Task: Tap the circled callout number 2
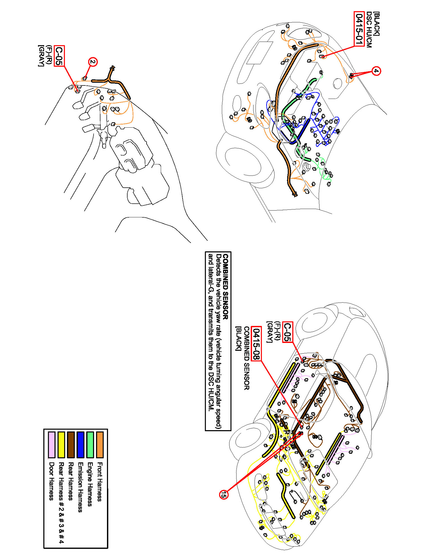click(x=93, y=62)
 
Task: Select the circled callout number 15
click(x=224, y=495)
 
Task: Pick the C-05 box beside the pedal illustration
click(x=59, y=56)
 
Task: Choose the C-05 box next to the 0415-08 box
click(x=287, y=332)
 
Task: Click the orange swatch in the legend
click(x=100, y=445)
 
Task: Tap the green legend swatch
click(x=90, y=445)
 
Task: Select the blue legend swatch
click(x=80, y=445)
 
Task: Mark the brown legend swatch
click(x=71, y=445)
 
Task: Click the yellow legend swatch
click(x=61, y=445)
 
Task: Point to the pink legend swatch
click(x=52, y=445)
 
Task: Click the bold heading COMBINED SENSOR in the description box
click(x=226, y=286)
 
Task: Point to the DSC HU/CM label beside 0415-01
click(x=369, y=30)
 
